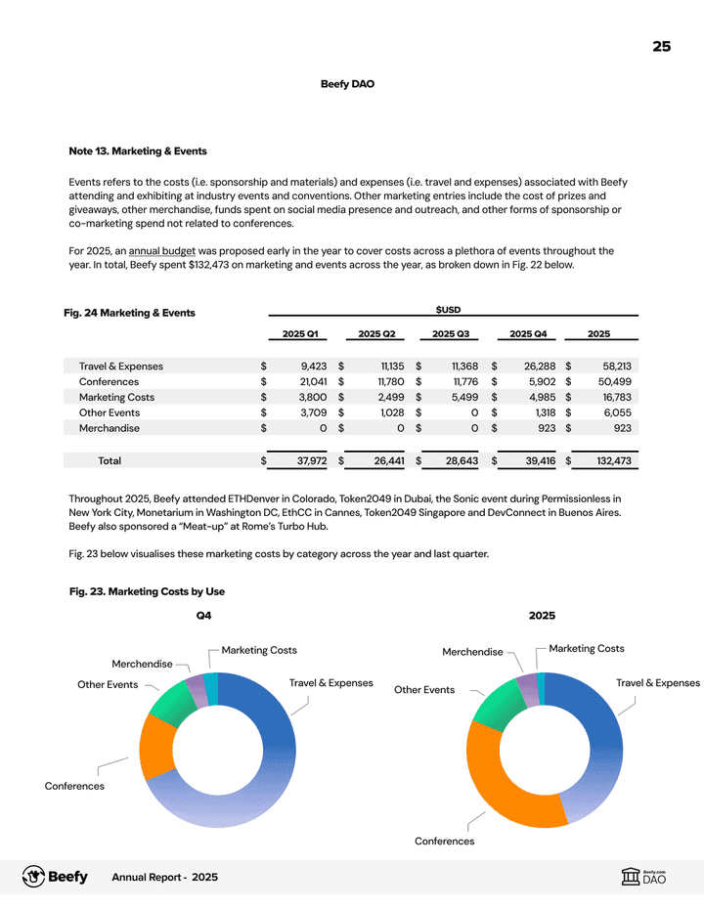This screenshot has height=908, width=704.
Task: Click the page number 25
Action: pyautogui.click(x=662, y=46)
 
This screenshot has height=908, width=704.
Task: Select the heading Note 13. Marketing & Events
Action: pyautogui.click(x=138, y=151)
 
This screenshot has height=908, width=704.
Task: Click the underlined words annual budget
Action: pyautogui.click(x=162, y=251)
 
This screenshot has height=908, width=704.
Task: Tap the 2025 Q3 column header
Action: pyautogui.click(x=451, y=334)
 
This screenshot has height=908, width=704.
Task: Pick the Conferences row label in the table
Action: pyautogui.click(x=109, y=381)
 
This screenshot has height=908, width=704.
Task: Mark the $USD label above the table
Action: pyautogui.click(x=448, y=310)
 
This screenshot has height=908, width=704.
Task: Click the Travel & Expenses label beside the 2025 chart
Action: pyautogui.click(x=657, y=682)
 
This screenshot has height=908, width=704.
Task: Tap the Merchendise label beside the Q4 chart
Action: pyautogui.click(x=142, y=665)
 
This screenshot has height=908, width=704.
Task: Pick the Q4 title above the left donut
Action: pyautogui.click(x=203, y=616)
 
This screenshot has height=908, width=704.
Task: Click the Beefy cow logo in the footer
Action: pyautogui.click(x=33, y=876)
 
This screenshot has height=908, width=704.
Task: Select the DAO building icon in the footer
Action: pyautogui.click(x=631, y=877)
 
